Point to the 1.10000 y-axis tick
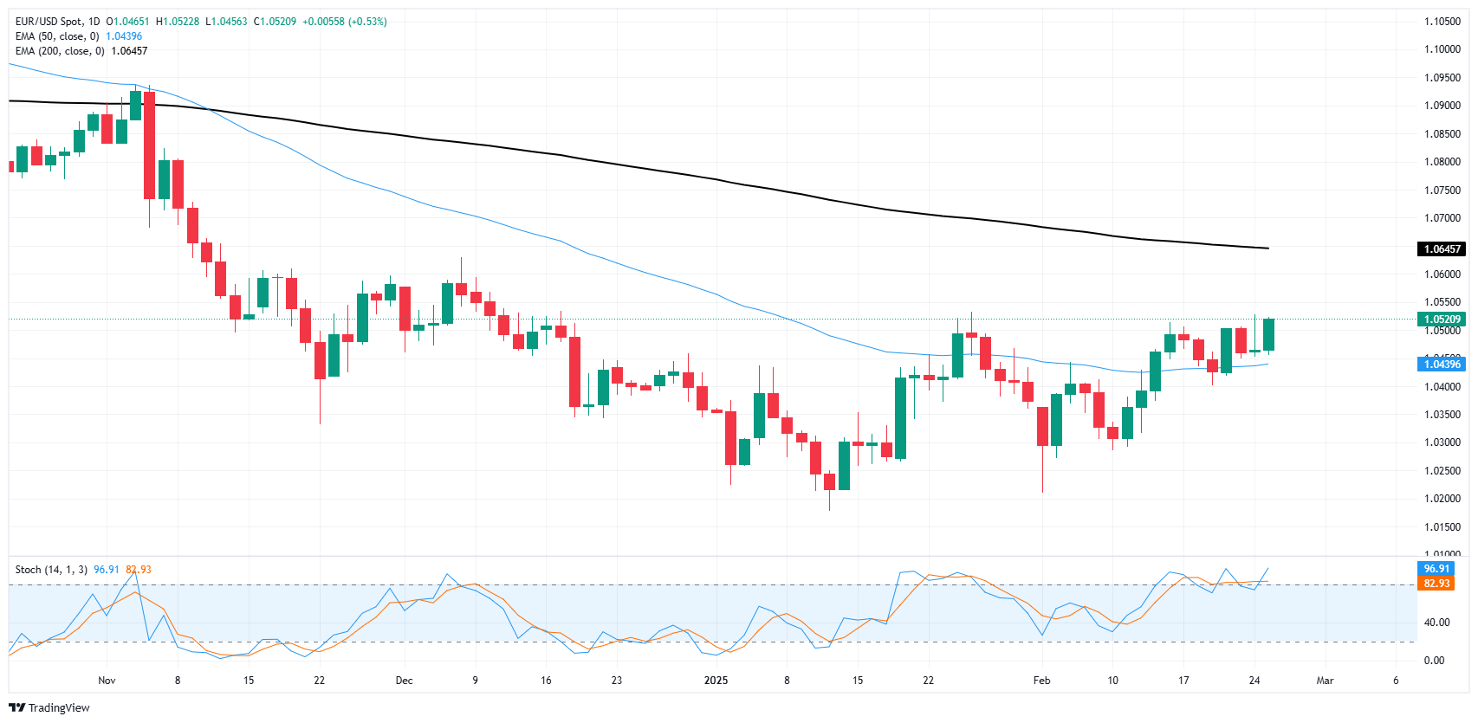[1442, 49]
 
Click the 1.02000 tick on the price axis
[1442, 499]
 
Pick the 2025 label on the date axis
[716, 681]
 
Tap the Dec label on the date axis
[404, 681]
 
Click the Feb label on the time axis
[1041, 681]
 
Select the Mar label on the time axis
[1325, 681]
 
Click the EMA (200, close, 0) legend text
[60, 51]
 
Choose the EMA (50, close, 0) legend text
[57, 36]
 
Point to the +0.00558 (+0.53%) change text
[344, 22]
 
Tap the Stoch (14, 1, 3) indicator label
[51, 570]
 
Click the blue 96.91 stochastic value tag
[1436, 569]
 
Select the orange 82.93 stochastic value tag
[1436, 584]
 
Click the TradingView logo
[49, 707]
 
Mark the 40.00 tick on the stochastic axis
[1436, 623]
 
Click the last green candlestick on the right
[1269, 334]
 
